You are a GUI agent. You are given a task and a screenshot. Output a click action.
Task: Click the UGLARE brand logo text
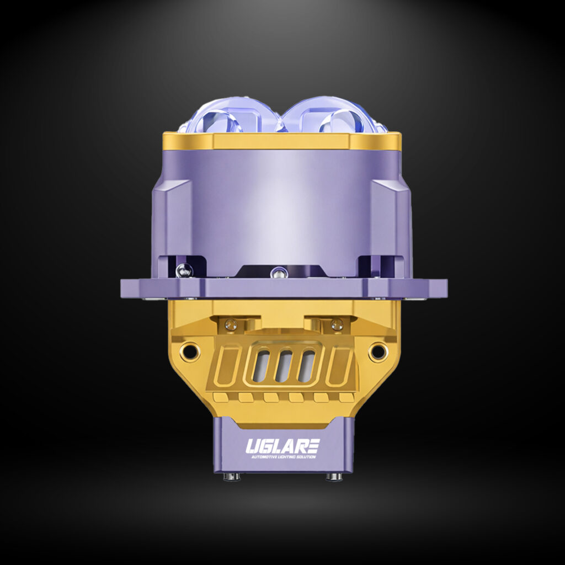click(282, 445)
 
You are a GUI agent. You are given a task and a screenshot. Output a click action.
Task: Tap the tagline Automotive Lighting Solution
click(282, 456)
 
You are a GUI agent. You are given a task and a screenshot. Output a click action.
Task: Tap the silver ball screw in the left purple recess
click(184, 270)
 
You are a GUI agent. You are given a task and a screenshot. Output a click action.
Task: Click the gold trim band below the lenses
click(282, 141)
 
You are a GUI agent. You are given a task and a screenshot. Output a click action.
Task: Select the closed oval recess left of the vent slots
click(227, 366)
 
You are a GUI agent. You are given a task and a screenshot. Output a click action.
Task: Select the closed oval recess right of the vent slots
click(339, 366)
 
